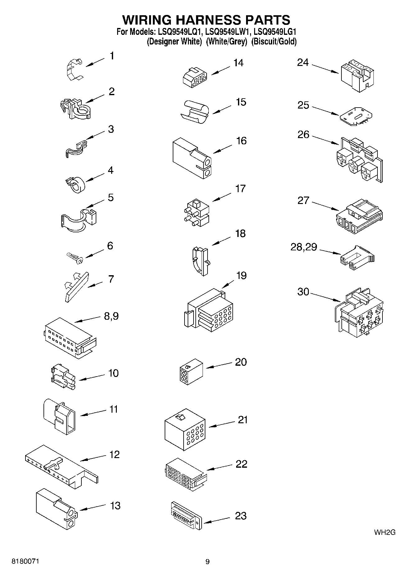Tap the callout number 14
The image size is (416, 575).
(x=238, y=63)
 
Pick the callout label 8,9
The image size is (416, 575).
(x=111, y=316)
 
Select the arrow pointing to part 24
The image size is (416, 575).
(x=325, y=69)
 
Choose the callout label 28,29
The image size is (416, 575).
(x=304, y=247)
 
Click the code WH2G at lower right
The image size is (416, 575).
(x=384, y=532)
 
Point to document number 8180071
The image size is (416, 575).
(x=25, y=562)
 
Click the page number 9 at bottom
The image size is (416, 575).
(x=207, y=562)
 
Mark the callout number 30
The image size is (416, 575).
(x=303, y=292)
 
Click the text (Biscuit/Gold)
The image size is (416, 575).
(x=274, y=41)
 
